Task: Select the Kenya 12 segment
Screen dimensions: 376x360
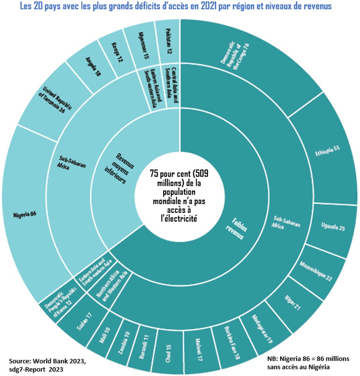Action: pyautogui.click(x=114, y=55)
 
